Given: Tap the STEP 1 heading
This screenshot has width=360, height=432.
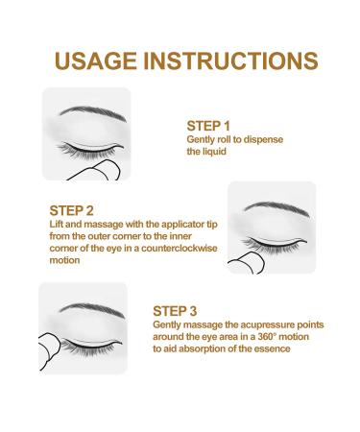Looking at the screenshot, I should point(208,125).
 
